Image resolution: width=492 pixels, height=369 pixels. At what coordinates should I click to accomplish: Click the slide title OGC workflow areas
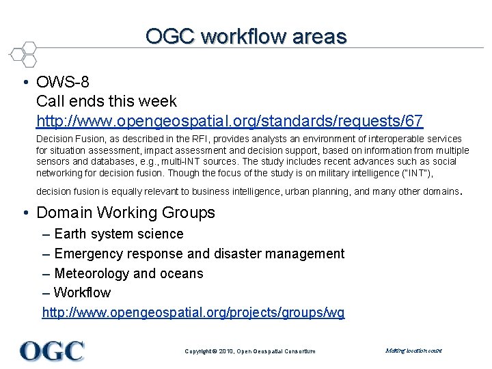pyautogui.click(x=246, y=36)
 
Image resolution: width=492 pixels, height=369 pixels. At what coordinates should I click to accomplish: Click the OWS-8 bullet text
pyautogui.click(x=64, y=82)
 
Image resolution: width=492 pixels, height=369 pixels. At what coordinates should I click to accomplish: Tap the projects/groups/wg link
pyautogui.click(x=193, y=312)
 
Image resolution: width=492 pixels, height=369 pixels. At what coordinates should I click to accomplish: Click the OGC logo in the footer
pyautogui.click(x=52, y=351)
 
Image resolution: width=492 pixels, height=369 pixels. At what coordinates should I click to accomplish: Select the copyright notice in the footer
pyautogui.click(x=250, y=351)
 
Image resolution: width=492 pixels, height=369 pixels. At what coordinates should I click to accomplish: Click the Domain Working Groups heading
pyautogui.click(x=125, y=213)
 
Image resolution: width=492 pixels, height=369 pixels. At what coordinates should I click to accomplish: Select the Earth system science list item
pyautogui.click(x=118, y=234)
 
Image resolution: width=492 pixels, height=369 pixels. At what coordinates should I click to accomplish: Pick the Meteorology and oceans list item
pyautogui.click(x=128, y=273)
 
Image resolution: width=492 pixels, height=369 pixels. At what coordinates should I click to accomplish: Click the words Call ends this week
pyautogui.click(x=107, y=101)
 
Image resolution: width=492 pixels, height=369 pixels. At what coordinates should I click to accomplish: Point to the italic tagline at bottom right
pyautogui.click(x=413, y=351)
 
